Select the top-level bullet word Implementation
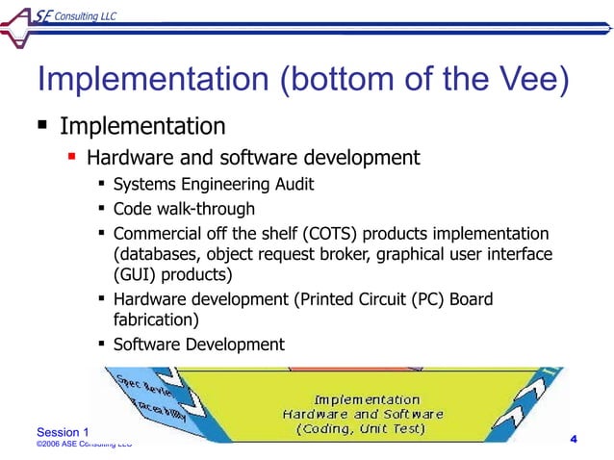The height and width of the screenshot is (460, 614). point(143,126)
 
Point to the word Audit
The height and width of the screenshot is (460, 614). point(292,183)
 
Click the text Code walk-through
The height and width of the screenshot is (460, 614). point(184,209)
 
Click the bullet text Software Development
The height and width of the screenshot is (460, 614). point(198,345)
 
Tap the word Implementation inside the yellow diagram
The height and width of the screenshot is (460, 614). point(367,398)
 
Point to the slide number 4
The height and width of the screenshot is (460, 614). point(574,440)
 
